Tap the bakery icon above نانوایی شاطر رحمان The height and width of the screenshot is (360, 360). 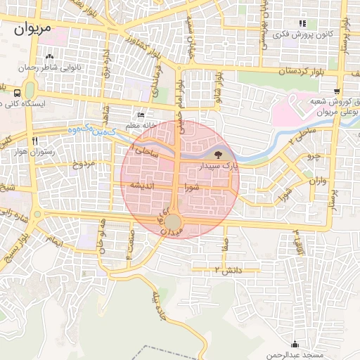[49, 57]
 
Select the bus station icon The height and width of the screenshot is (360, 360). [16, 92]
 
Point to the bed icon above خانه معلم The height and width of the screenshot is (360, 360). [141, 115]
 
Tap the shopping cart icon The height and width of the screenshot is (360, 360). [337, 91]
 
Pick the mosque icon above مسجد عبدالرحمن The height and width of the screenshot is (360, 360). [295, 344]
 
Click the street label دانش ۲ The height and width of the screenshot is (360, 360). [228, 270]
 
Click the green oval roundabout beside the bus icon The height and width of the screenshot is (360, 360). [30, 91]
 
